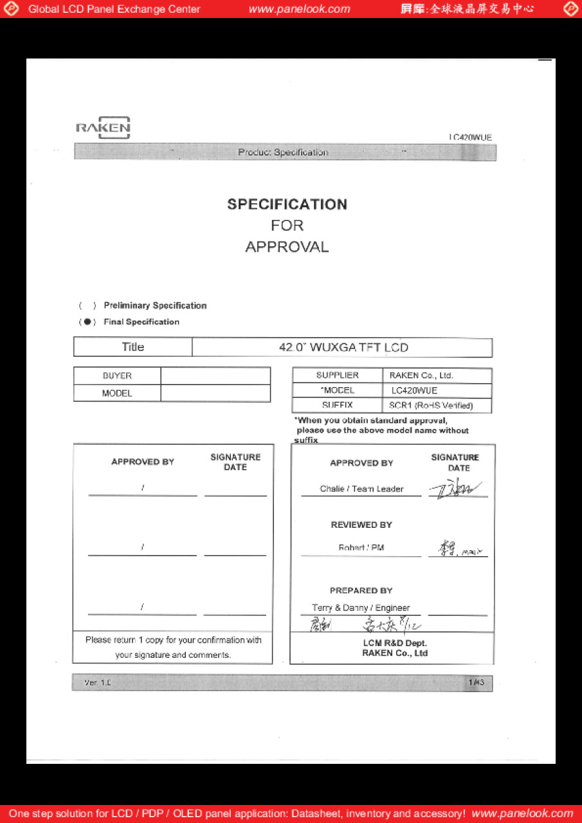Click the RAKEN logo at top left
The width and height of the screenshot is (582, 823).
(x=103, y=127)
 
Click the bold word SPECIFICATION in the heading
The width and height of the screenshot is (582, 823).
(x=287, y=204)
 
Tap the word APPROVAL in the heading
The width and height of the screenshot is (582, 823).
(x=287, y=247)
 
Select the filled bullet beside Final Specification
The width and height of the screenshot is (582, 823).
(x=87, y=322)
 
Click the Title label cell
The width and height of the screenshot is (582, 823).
(x=133, y=347)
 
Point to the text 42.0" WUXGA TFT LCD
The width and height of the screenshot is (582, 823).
(x=343, y=347)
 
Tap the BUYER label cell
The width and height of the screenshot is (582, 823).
(x=117, y=376)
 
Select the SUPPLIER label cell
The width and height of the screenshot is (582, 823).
(x=337, y=375)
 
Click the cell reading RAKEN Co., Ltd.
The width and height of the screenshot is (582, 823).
(x=421, y=375)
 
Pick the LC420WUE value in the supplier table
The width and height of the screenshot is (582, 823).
(x=415, y=390)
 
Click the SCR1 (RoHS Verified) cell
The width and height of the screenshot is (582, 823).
(x=431, y=406)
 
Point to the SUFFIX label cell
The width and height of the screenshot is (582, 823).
(x=337, y=406)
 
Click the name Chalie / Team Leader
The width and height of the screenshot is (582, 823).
(x=361, y=489)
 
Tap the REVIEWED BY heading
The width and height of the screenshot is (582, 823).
(x=361, y=525)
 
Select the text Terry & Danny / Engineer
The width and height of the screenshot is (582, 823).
(x=361, y=608)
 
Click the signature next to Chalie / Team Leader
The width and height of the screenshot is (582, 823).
(x=458, y=490)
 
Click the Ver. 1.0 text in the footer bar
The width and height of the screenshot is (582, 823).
(x=98, y=683)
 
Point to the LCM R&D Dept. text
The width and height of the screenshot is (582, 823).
(x=395, y=643)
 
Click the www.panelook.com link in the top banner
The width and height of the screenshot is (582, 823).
(x=300, y=9)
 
